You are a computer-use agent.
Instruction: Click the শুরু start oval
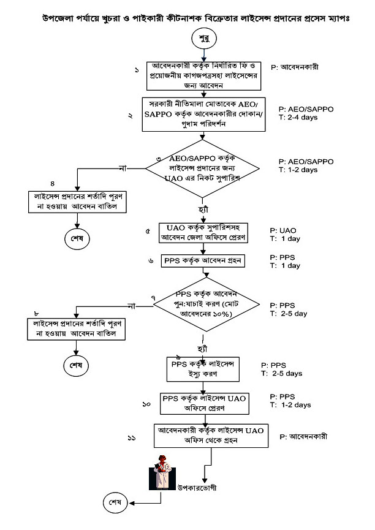tap(205, 38)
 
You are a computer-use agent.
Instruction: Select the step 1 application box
tap(203, 76)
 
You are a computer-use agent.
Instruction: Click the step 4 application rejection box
tap(74, 202)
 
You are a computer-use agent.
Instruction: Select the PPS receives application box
tap(203, 260)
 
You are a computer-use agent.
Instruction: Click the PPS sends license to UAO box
tap(204, 403)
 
